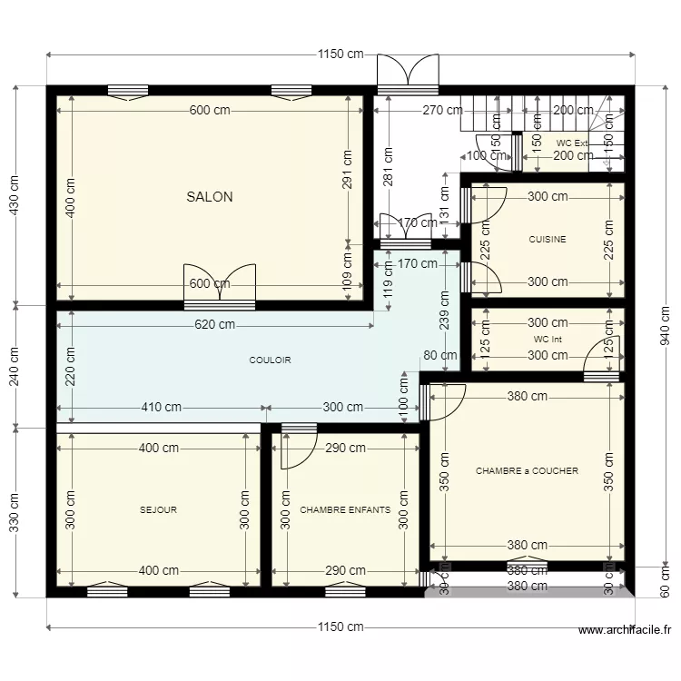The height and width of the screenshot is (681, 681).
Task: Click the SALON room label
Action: coord(210,196)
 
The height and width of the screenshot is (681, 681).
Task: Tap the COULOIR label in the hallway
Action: coord(270,360)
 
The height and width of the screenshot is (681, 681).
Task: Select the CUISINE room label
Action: coord(548,240)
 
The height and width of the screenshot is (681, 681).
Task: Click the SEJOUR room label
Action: coord(158,510)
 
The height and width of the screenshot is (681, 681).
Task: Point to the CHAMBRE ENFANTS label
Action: coord(345,510)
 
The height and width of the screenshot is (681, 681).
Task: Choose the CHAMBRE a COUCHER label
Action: coord(527,471)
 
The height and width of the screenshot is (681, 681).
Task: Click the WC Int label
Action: coord(548,340)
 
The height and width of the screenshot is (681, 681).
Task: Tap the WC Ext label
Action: coord(572,143)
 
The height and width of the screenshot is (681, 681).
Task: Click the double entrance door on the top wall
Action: coord(408,73)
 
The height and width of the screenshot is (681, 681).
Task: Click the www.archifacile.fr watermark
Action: coord(624,630)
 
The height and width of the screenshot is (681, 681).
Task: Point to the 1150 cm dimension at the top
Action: coord(340,54)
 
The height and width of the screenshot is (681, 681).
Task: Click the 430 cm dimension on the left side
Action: coord(15,195)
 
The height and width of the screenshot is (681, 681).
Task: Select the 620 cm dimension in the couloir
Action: coord(213,324)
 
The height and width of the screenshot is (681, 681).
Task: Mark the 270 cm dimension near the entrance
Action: coord(418,111)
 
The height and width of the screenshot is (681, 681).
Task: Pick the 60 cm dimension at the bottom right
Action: coord(665,581)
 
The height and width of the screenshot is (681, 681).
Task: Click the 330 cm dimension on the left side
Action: coord(15,513)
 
